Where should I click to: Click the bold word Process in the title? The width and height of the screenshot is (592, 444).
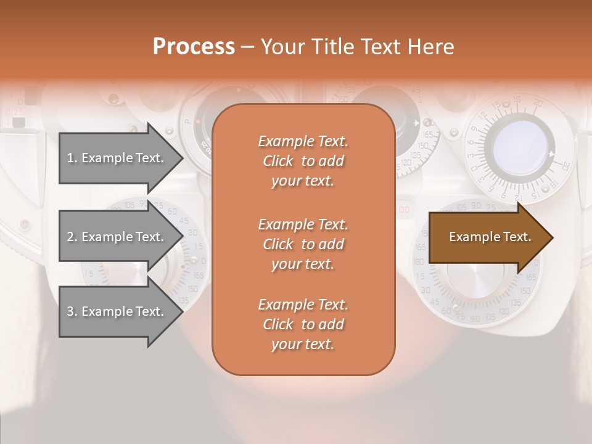(x=194, y=47)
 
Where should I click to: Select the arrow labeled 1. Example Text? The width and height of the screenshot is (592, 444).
(x=117, y=158)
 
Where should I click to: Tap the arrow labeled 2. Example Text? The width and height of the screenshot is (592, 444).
(x=117, y=237)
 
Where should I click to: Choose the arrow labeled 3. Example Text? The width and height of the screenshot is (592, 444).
(x=117, y=311)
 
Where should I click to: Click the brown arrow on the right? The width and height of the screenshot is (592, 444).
(x=487, y=237)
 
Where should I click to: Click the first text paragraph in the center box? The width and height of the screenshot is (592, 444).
(x=303, y=161)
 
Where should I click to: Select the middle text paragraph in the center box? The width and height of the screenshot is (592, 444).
(x=303, y=244)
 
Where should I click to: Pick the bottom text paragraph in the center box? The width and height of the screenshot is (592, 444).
(x=303, y=324)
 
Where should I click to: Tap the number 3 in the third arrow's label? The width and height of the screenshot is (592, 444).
(x=70, y=311)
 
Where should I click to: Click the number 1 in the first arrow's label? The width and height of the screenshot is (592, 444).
(x=70, y=158)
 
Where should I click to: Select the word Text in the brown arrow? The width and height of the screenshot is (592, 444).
(x=516, y=237)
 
